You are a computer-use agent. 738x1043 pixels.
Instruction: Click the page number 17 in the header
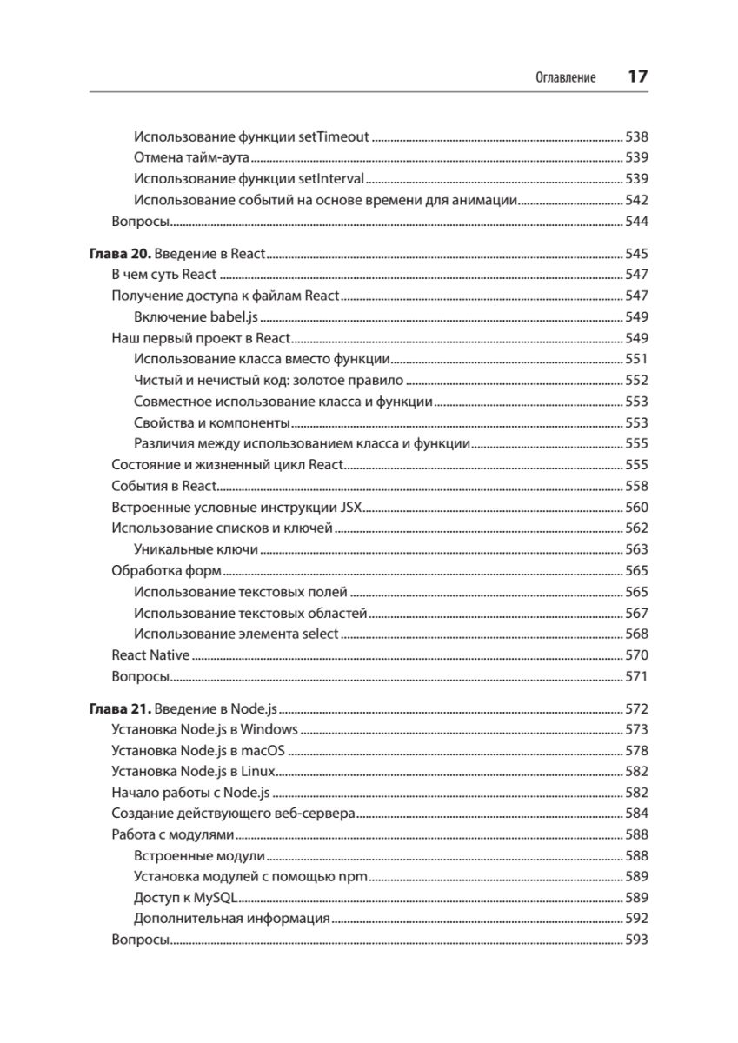[x=638, y=76]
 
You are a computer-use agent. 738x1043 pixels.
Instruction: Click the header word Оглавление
[x=565, y=77]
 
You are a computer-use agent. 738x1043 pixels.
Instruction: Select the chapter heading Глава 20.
[x=122, y=255]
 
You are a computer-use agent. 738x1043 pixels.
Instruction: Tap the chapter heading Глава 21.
[x=122, y=708]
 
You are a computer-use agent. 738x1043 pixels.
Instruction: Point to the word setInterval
[x=331, y=179]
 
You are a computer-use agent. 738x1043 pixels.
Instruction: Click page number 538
[x=637, y=136]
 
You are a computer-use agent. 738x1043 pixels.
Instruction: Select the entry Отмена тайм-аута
[x=192, y=158]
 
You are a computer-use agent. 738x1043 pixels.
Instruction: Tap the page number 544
[x=637, y=222]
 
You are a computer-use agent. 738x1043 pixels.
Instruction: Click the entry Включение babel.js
[x=197, y=317]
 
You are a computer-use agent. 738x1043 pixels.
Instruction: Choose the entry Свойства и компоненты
[x=212, y=422]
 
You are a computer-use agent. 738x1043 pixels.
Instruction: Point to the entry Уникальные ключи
[x=196, y=549]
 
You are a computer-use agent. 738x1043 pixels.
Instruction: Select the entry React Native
[x=150, y=654]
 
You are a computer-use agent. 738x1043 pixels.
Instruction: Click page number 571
[x=637, y=676]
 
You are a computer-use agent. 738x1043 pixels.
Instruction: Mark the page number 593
[x=637, y=940]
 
